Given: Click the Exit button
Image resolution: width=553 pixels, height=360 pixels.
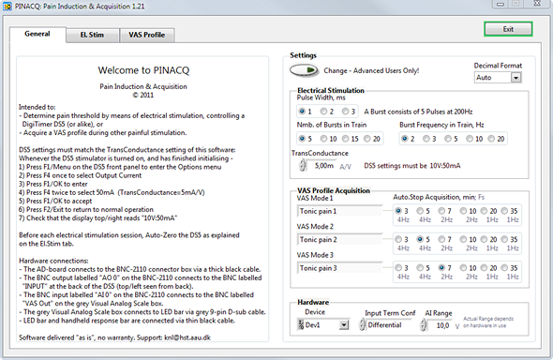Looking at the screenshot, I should pos(507,29).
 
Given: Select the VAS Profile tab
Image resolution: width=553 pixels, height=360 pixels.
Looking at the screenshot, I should pos(146,35).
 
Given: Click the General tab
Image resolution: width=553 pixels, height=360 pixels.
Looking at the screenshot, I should pos(37,34).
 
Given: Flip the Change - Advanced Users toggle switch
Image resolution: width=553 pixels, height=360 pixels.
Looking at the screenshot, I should pos(304,70).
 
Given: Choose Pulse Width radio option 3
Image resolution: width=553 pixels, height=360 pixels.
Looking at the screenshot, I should pos(345,112).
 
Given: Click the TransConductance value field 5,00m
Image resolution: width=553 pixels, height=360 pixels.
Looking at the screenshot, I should pos(325,166).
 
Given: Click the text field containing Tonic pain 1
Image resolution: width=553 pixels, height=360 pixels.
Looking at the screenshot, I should pos(336,212).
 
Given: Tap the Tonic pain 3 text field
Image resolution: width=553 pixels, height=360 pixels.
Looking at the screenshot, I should pos(336,268).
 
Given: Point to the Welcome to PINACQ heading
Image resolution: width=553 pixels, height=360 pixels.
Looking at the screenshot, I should pos(142,69).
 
